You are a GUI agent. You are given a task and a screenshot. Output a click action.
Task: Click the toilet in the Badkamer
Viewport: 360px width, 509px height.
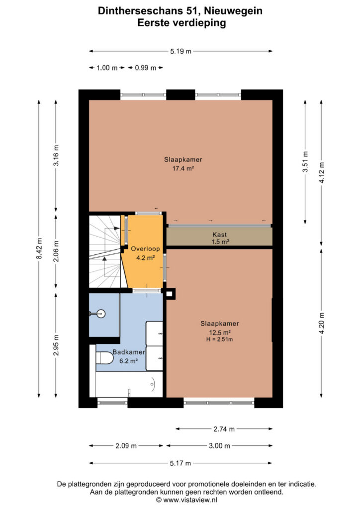(104, 358)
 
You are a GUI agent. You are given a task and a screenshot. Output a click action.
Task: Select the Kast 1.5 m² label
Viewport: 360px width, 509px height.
(220, 238)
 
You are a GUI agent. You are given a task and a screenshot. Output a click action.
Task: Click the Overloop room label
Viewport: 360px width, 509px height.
(145, 249)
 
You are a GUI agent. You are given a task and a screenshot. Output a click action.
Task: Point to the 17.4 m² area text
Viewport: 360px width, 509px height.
(183, 169)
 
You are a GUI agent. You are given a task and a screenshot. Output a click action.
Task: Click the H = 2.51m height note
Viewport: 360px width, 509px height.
(220, 339)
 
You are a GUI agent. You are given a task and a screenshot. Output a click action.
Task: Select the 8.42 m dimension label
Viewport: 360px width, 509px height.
(39, 249)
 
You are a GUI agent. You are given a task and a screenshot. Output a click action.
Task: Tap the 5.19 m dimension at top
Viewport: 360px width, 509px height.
(181, 51)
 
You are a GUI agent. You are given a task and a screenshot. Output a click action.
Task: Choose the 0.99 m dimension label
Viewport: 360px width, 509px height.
(145, 68)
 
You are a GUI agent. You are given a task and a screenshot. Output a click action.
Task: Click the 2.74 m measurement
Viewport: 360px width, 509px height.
(224, 429)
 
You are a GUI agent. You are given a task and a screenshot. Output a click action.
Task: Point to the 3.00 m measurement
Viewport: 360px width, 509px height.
(219, 446)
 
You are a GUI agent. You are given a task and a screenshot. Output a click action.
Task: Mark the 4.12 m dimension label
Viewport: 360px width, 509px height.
(322, 172)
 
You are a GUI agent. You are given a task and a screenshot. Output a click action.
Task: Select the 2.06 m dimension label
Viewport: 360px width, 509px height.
(56, 251)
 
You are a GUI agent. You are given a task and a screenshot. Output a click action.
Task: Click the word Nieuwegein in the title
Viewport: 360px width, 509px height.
(233, 11)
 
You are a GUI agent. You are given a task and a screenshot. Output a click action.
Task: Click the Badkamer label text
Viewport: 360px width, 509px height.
(129, 352)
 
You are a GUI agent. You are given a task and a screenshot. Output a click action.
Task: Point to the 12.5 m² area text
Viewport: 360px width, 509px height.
(220, 333)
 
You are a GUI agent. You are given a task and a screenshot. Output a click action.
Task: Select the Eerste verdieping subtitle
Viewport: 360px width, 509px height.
(182, 23)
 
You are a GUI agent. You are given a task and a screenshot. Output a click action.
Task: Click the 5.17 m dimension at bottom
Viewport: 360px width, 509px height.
(180, 463)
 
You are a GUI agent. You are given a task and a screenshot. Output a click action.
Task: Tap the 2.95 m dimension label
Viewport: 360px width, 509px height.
(56, 345)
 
